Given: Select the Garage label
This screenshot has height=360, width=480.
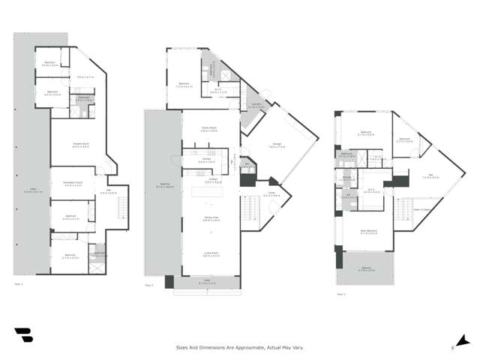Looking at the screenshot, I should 274,147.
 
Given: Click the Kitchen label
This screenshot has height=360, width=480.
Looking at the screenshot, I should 211,181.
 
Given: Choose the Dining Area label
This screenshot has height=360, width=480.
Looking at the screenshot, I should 210,219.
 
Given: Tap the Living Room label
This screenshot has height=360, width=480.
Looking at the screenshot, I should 210,256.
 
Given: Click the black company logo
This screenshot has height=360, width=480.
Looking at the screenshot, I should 23,334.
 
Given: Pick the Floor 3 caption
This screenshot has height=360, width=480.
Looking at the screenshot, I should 340,294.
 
